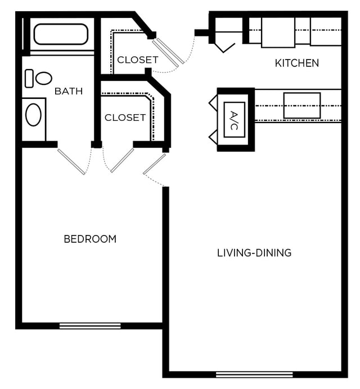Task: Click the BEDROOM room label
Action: pyautogui.click(x=90, y=239)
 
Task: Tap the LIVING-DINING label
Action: pyautogui.click(x=254, y=253)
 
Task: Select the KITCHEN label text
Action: pyautogui.click(x=297, y=63)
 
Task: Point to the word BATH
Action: pyautogui.click(x=69, y=91)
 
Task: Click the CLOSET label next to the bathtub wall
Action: pyautogui.click(x=138, y=60)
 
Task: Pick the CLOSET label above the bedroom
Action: pyautogui.click(x=125, y=117)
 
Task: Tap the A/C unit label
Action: pyautogui.click(x=234, y=120)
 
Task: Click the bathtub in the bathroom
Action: pyautogui.click(x=61, y=34)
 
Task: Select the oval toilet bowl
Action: pyautogui.click(x=44, y=78)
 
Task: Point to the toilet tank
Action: pyautogui.click(x=29, y=78)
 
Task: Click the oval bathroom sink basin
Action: pyautogui.click(x=34, y=115)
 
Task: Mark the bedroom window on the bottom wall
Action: pyautogui.click(x=90, y=325)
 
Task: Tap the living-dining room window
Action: pyautogui.click(x=254, y=374)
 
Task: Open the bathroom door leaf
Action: pyautogui.click(x=71, y=161)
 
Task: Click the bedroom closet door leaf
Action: pyautogui.click(x=122, y=160)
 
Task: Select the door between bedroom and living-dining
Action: pyautogui.click(x=154, y=164)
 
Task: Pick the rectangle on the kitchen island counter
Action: pyautogui.click(x=302, y=106)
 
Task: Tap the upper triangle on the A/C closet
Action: pyautogui.click(x=213, y=103)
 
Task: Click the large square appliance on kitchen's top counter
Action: pyautogui.click(x=278, y=32)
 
